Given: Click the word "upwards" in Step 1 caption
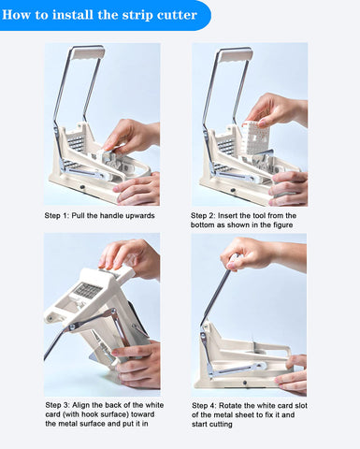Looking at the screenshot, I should click(x=137, y=215).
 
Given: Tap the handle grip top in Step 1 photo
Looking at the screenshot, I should click(x=88, y=52).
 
